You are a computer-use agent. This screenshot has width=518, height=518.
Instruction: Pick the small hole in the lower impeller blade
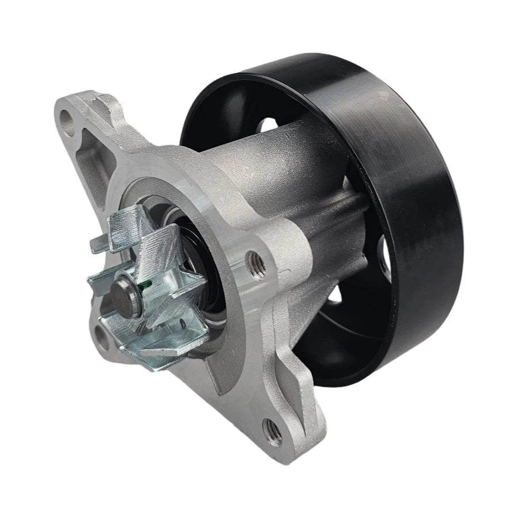tap(182, 325)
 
